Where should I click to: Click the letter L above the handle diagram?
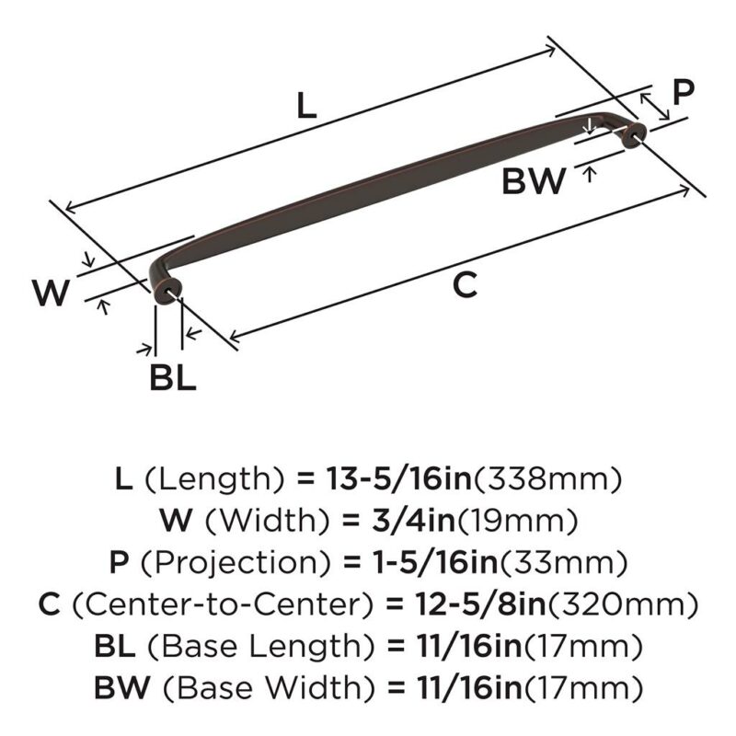[x=307, y=105]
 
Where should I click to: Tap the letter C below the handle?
[x=465, y=284]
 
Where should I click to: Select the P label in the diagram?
[x=683, y=92]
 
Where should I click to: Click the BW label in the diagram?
[x=534, y=180]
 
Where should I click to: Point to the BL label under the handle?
[x=173, y=377]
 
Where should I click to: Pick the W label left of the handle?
[x=52, y=292]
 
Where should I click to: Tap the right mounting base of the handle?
[x=634, y=135]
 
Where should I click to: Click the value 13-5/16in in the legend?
[x=398, y=478]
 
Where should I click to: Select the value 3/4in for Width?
[x=413, y=521]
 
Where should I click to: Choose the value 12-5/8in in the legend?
[x=480, y=604]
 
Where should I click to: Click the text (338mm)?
[x=547, y=479]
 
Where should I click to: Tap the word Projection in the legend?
[x=236, y=562]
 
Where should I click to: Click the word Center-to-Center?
[x=223, y=604]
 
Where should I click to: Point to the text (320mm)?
[x=623, y=604]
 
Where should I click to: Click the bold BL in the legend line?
[x=115, y=646]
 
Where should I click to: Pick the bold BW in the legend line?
[x=122, y=687]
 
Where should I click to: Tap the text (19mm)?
[x=517, y=521]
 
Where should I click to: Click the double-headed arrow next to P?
[x=655, y=106]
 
